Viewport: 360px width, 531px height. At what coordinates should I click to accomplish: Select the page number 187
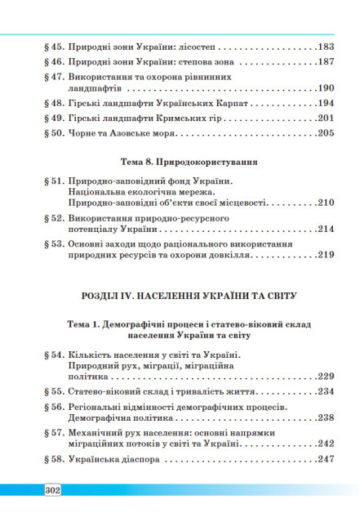326,62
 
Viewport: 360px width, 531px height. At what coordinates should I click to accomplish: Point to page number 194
326,104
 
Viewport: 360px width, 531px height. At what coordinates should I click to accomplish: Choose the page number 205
326,133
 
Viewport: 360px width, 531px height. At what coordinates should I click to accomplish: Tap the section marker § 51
54,181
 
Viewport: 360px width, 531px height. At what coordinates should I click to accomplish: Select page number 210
326,203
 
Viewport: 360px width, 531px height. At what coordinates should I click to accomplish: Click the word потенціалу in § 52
95,230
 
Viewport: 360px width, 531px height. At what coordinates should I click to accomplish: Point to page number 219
326,256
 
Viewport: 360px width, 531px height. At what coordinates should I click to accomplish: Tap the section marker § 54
54,354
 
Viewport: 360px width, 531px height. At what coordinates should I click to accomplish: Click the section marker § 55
54,391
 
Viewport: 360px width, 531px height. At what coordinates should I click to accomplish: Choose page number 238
326,417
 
